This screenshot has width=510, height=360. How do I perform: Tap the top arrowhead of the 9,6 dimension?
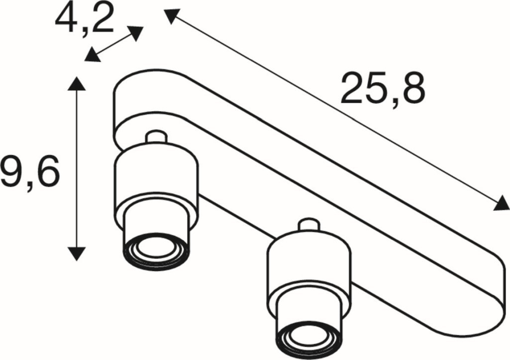(77, 84)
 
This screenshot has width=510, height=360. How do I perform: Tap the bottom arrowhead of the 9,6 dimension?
(77, 253)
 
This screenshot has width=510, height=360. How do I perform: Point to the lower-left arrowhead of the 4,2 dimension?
(92, 55)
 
